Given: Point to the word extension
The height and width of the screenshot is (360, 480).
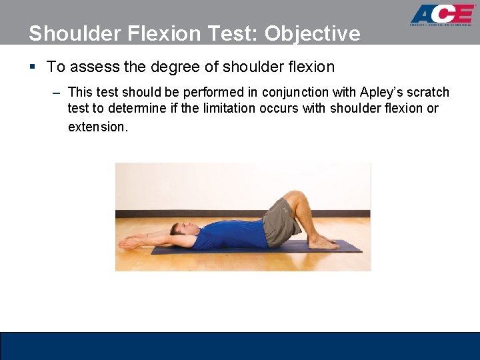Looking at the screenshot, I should tap(97, 126).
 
